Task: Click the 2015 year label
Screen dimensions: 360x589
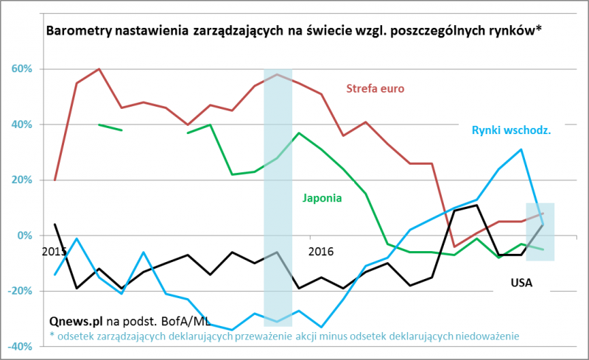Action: tap(54, 251)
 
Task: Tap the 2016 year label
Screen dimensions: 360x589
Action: tap(321, 251)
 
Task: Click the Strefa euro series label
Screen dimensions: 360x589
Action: tap(375, 89)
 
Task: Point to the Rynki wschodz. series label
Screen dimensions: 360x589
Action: tap(512, 131)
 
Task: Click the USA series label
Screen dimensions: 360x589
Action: tap(521, 282)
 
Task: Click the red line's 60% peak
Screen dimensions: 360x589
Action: tap(99, 69)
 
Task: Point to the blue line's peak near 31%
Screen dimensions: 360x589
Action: tap(521, 149)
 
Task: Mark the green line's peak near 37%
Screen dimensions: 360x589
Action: tap(299, 133)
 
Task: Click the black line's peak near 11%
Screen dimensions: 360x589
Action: tap(477, 205)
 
